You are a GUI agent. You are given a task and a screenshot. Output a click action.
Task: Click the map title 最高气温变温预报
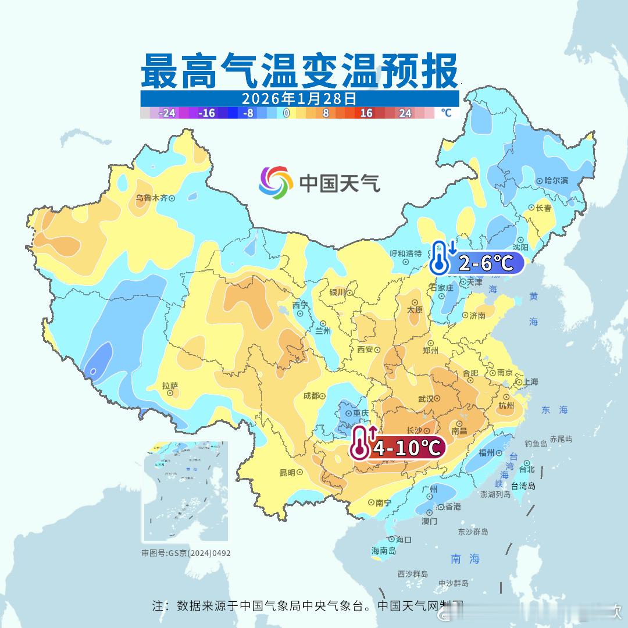pyautogui.click(x=299, y=70)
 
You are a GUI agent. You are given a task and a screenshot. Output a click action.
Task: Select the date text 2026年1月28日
pyautogui.click(x=299, y=98)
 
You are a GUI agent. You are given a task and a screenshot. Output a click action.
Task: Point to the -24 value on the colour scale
pyautogui.click(x=167, y=113)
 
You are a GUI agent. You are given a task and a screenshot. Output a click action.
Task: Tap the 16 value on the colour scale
pyautogui.click(x=366, y=113)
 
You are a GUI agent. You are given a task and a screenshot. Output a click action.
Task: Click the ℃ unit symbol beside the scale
pyautogui.click(x=446, y=113)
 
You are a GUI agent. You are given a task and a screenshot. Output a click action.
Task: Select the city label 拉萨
pyautogui.click(x=170, y=386)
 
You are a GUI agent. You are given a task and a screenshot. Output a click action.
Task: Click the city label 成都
pyautogui.click(x=311, y=395)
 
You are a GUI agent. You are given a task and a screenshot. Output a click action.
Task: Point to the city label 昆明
pyautogui.click(x=287, y=472)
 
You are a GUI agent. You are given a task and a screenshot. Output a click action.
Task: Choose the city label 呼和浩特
pyautogui.click(x=405, y=254)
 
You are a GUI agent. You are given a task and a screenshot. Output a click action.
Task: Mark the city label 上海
pyautogui.click(x=530, y=381)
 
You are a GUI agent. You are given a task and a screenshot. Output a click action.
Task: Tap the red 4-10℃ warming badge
pyautogui.click(x=406, y=448)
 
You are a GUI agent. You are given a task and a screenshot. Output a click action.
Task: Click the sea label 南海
pyautogui.click(x=465, y=559)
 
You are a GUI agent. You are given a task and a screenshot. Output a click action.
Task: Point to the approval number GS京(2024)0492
pyautogui.click(x=186, y=553)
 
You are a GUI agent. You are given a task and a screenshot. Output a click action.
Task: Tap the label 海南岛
pyautogui.click(x=383, y=551)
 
